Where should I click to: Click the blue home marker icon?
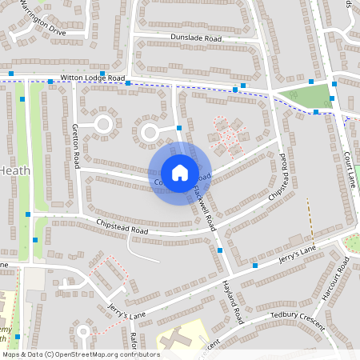[x=179, y=172]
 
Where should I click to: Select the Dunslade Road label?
[x=195, y=37]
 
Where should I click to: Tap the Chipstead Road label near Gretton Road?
[x=122, y=226]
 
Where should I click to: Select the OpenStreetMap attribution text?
[x=81, y=354]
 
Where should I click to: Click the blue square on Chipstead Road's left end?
[x=28, y=214]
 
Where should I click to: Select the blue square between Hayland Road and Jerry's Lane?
[x=255, y=265]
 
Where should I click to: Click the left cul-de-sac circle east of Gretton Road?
[x=103, y=124]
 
